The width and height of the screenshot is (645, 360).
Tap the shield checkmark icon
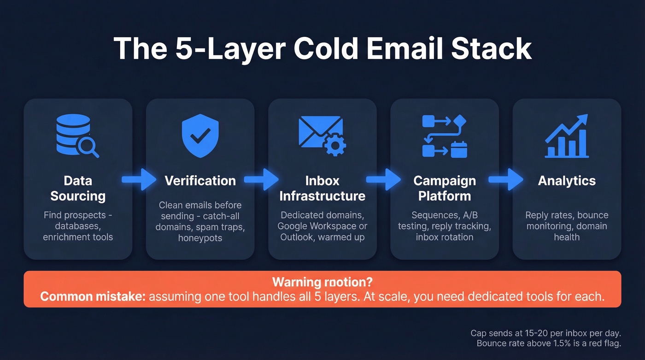200,135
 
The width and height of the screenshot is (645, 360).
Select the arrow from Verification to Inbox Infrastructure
261,180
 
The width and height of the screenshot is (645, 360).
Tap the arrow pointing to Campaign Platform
383,180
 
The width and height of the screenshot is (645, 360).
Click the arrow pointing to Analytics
506,180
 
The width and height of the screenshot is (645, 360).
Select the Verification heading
200,181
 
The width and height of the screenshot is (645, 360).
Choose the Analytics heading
567,181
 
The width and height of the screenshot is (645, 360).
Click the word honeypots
200,238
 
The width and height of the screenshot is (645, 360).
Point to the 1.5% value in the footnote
556,343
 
